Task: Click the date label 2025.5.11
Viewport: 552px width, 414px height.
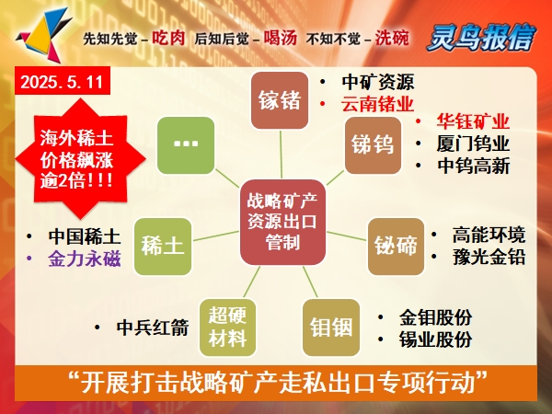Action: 63,81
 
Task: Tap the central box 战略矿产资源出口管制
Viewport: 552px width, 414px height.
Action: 282,222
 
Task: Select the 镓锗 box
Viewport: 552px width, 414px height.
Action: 280,100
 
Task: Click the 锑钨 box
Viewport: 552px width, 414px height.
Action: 373,145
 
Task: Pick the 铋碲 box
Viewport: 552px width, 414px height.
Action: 396,247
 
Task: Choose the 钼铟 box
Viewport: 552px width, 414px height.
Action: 331,328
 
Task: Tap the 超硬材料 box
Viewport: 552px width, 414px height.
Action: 227,328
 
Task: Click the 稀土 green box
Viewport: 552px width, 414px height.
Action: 163,247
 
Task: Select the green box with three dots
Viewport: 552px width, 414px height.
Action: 186,145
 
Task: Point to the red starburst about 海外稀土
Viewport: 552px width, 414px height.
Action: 81,159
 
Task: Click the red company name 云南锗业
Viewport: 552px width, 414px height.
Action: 377,105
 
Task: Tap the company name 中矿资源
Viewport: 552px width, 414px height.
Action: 377,82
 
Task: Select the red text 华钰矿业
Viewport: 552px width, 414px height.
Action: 473,121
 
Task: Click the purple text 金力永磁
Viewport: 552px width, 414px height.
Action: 85,259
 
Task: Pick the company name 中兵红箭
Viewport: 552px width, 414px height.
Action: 153,328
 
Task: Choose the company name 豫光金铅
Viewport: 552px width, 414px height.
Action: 489,258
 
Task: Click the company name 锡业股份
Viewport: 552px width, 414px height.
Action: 435,339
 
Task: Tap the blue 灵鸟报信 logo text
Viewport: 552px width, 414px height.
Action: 481,37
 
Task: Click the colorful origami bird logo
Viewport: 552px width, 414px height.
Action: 44,35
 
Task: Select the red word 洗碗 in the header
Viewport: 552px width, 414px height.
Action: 392,38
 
